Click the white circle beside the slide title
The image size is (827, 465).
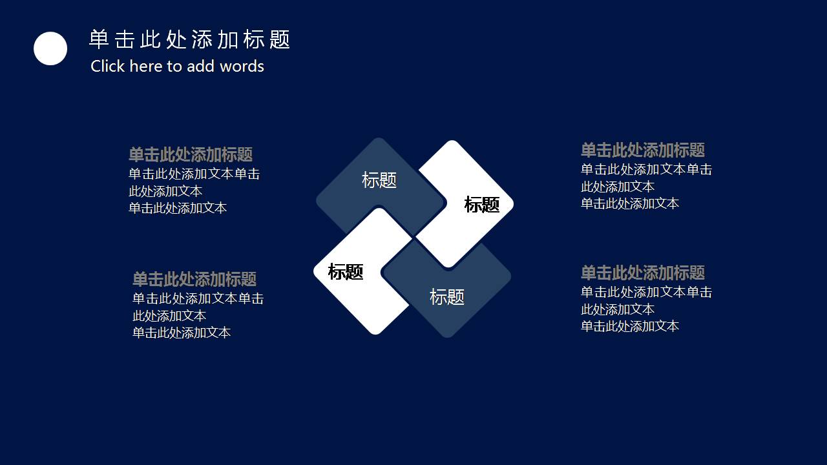coord(50,48)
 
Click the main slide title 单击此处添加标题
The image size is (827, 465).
coord(189,40)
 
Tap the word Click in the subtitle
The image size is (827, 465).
coord(108,66)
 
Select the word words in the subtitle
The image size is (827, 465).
coord(242,66)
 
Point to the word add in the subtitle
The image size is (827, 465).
coord(201,66)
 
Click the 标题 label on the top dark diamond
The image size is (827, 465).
coord(379,180)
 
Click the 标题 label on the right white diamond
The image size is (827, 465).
coord(482,205)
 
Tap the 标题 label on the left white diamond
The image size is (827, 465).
coord(346,272)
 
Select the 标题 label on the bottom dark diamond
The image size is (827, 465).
coord(447,297)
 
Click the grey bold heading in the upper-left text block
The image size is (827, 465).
coord(191,155)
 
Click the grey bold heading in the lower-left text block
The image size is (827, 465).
coord(194,280)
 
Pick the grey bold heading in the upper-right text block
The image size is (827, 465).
coord(643,150)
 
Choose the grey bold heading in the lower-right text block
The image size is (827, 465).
coord(643,273)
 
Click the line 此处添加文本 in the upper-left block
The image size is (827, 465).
coord(165,191)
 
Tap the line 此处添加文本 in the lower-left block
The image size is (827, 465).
coord(169,316)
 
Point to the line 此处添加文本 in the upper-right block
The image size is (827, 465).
coord(618,187)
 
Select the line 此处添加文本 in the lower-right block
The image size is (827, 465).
coord(618,309)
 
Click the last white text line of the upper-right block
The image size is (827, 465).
coord(630,203)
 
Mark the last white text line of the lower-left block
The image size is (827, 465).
coord(182,333)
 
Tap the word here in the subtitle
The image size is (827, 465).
coord(146,66)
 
